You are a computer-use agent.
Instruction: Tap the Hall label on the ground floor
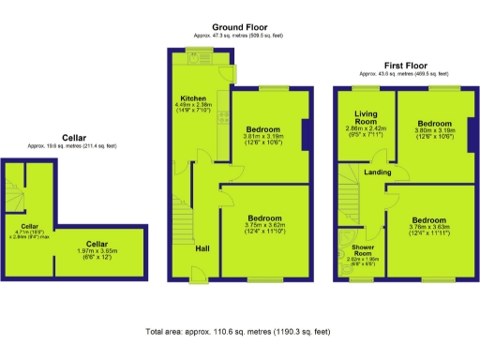[x=202, y=248]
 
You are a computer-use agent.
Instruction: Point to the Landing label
[x=378, y=173]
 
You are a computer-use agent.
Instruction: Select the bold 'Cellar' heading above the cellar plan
[x=75, y=138]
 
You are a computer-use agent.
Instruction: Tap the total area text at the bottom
[x=240, y=332]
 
